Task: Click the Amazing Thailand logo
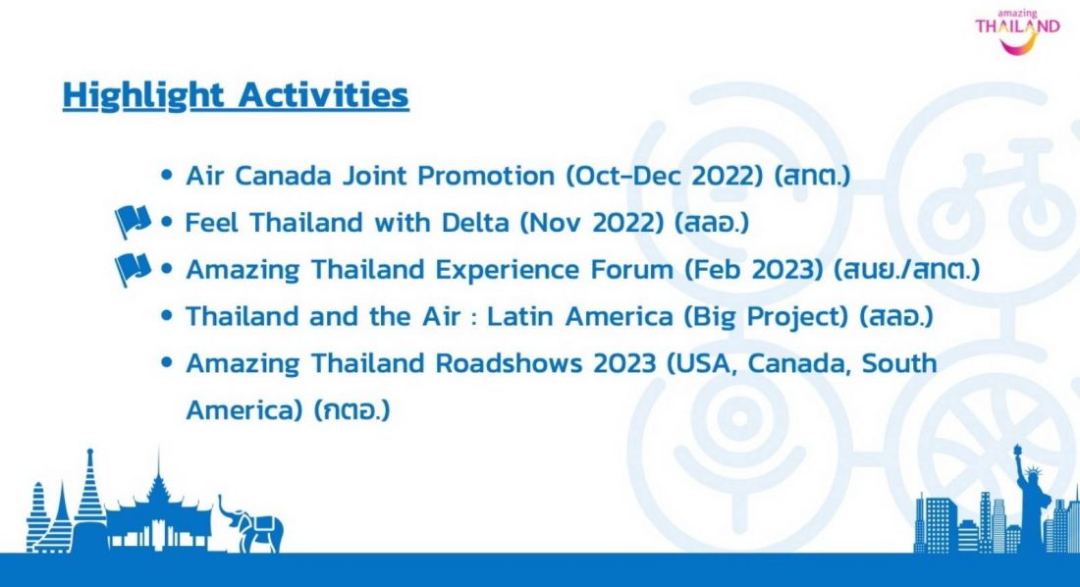pos(1017,31)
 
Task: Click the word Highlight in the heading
pos(143,95)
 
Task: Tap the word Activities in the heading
pos(323,94)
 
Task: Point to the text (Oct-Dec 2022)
pos(665,177)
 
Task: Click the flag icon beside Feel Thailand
pos(133,221)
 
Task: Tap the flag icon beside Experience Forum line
pos(133,269)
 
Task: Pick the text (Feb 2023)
pos(753,270)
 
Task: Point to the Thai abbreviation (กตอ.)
pos(352,410)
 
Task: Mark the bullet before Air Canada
pos(166,175)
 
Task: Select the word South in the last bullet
pos(899,363)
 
